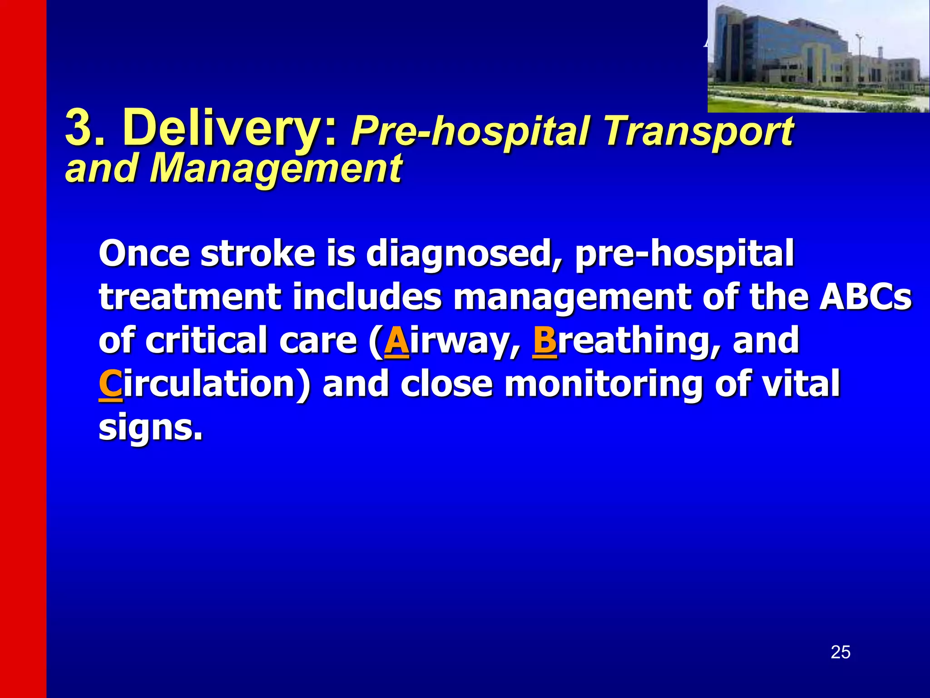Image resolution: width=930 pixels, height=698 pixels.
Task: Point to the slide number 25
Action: (840, 652)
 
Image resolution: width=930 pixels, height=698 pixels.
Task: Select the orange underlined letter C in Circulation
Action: (110, 384)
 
